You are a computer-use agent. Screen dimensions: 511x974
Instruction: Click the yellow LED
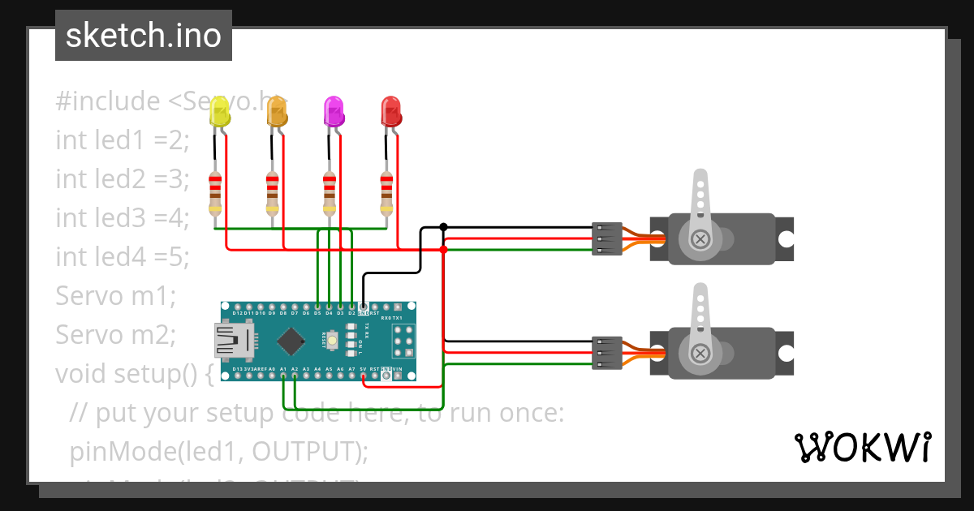[x=219, y=113]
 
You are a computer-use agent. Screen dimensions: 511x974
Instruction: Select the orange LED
[x=277, y=113]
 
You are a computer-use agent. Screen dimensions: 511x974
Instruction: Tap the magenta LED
[x=334, y=112]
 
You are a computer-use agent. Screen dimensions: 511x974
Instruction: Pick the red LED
[x=390, y=112]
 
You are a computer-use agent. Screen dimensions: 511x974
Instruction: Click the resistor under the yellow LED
[x=215, y=193]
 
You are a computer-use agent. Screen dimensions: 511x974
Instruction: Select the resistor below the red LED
[x=386, y=193]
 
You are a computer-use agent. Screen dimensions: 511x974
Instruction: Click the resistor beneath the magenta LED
[x=329, y=193]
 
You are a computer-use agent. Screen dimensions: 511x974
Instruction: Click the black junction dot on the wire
[x=443, y=226]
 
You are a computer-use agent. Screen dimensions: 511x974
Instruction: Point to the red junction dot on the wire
[x=443, y=249]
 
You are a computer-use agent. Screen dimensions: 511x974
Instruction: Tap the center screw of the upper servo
[x=700, y=239]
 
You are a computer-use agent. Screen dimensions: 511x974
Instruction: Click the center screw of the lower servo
[x=700, y=353]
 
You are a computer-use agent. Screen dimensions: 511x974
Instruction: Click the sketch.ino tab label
[x=144, y=36]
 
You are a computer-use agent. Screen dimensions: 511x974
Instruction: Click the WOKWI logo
[x=862, y=447]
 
